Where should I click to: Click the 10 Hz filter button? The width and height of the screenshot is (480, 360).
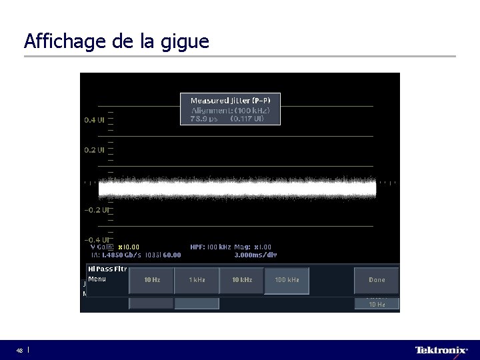click(x=151, y=280)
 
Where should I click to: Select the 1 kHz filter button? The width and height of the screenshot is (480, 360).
click(x=196, y=280)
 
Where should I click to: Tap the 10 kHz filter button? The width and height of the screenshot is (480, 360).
click(x=241, y=280)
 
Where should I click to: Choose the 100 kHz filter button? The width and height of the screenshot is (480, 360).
click(x=287, y=280)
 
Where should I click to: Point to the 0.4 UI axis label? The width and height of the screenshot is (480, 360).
click(x=94, y=120)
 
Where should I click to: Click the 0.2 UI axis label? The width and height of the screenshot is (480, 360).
click(x=94, y=150)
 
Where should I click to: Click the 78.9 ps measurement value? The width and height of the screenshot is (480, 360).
click(x=203, y=119)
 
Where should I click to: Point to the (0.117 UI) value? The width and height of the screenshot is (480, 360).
click(x=247, y=119)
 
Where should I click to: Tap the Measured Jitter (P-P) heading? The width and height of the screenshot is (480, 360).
click(x=231, y=100)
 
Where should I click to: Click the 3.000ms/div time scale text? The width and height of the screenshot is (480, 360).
click(x=255, y=254)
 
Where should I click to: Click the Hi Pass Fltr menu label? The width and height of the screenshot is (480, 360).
click(x=107, y=269)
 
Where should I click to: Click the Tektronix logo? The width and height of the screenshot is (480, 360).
click(x=441, y=350)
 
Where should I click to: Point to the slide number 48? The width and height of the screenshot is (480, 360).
click(x=20, y=351)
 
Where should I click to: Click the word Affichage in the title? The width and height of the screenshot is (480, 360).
click(x=56, y=42)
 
